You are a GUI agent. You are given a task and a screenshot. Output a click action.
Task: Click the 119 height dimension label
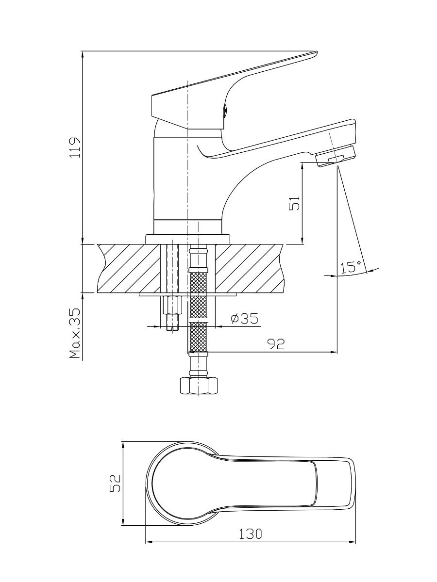[x=75, y=148]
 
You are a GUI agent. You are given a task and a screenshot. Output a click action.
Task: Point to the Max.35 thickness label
[x=75, y=333]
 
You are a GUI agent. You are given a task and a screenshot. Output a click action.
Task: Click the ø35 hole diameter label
[x=244, y=319]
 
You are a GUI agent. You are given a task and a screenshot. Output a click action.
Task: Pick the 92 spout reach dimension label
[x=276, y=344]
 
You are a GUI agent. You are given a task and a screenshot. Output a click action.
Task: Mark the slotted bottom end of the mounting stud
[x=172, y=328]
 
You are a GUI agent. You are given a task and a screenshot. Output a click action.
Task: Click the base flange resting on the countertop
[x=187, y=239]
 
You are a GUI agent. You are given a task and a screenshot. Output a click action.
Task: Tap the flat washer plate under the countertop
[x=187, y=294]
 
